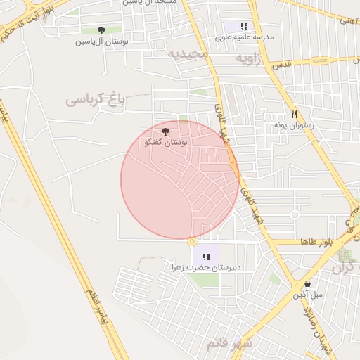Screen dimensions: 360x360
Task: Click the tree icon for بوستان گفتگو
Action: click(x=165, y=131)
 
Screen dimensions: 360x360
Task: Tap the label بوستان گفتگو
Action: click(x=165, y=143)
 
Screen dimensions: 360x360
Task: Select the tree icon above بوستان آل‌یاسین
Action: click(x=101, y=30)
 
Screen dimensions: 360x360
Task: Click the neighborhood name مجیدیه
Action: click(x=188, y=53)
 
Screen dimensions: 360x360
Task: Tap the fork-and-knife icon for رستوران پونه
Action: click(x=294, y=114)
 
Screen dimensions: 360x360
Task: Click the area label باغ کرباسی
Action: click(x=95, y=100)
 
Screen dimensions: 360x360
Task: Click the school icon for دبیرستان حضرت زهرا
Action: click(x=206, y=257)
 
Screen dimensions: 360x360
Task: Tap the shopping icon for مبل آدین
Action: click(x=308, y=283)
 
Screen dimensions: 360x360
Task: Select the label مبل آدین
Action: click(x=308, y=295)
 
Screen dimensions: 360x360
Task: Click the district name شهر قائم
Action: click(x=229, y=344)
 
